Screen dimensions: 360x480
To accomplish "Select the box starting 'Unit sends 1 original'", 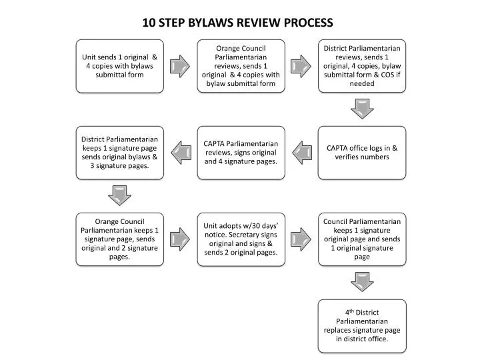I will tap(119, 65).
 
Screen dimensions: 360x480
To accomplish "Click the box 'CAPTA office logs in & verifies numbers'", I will tap(362, 152).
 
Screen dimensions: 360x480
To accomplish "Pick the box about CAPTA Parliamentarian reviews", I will tap(241, 152).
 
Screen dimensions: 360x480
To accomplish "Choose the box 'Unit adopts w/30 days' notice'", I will tap(241, 239).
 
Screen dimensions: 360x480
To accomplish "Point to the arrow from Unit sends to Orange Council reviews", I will tap(180, 65).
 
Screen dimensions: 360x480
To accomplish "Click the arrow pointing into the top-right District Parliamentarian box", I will tap(301, 65).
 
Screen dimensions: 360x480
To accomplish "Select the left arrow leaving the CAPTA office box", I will tap(301, 152).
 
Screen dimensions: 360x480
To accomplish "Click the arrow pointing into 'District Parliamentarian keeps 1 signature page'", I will tap(180, 152).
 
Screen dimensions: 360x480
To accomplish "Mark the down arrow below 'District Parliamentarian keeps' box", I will tap(119, 195).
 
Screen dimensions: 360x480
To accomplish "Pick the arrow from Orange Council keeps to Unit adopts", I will tap(180, 239).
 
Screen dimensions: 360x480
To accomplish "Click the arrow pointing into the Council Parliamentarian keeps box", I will tap(301, 239).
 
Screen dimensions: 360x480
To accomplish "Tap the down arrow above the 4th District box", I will tap(362, 281).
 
